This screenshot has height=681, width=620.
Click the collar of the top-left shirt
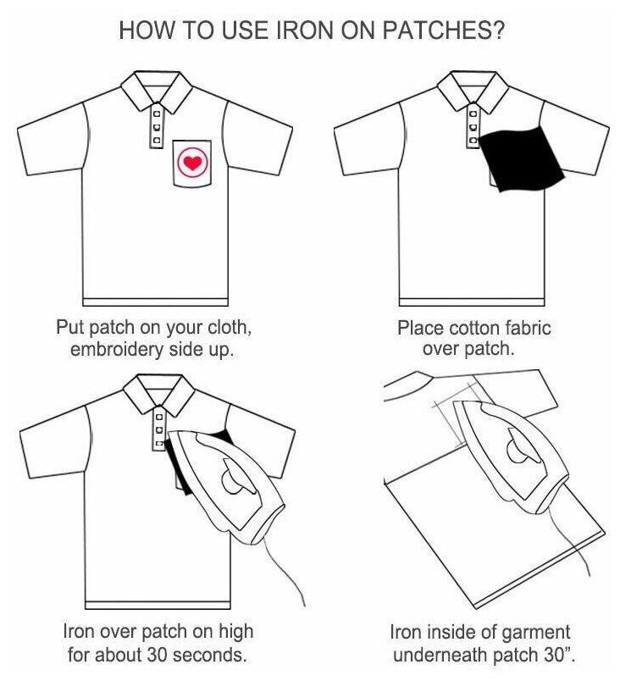pos(155,91)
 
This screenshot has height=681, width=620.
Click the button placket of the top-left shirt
pos(156,128)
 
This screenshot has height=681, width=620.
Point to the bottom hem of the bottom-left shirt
pos(157,603)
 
